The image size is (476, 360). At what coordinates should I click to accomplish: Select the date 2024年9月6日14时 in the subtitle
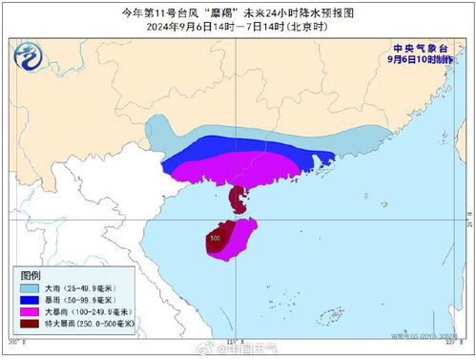point(199,28)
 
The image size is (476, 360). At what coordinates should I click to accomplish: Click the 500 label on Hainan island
point(216,238)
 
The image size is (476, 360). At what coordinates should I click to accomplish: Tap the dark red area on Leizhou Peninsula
point(236,200)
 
